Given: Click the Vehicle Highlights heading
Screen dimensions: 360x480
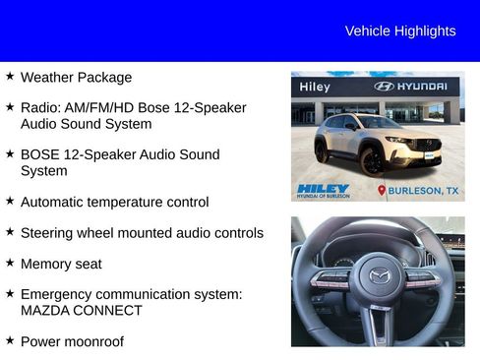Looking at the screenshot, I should (400, 30).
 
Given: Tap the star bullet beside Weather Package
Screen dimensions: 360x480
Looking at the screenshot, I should (10, 76).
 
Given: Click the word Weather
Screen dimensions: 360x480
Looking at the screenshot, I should (47, 77).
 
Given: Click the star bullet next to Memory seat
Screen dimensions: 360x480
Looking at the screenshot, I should (10, 263).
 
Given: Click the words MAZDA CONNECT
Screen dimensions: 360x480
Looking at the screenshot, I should (81, 310).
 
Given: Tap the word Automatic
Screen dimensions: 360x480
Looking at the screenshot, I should (55, 202).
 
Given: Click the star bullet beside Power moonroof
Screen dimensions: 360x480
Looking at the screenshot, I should (10, 340).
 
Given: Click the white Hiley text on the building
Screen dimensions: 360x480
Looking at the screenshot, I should (315, 87).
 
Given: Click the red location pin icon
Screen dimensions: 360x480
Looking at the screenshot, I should (382, 190).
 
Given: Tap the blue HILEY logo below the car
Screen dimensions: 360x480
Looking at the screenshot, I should (323, 189).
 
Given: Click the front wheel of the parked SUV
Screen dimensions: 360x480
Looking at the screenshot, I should (371, 161).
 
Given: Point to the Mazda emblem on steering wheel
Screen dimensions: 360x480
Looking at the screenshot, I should (379, 276).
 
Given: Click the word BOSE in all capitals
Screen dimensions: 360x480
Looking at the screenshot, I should (42, 154).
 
